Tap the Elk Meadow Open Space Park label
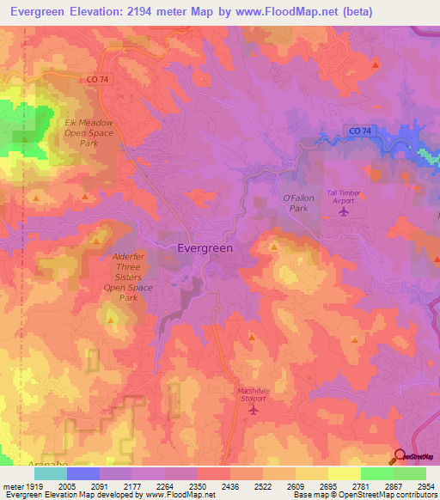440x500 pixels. click(89, 132)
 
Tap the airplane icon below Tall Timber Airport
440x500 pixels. click(345, 211)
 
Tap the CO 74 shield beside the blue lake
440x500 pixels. click(361, 130)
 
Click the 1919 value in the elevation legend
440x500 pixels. click(32, 485)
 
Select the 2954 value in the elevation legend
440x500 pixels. click(425, 485)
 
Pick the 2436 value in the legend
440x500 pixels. click(229, 485)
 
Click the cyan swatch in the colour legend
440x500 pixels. click(51, 473)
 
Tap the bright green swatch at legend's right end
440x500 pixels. click(410, 473)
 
